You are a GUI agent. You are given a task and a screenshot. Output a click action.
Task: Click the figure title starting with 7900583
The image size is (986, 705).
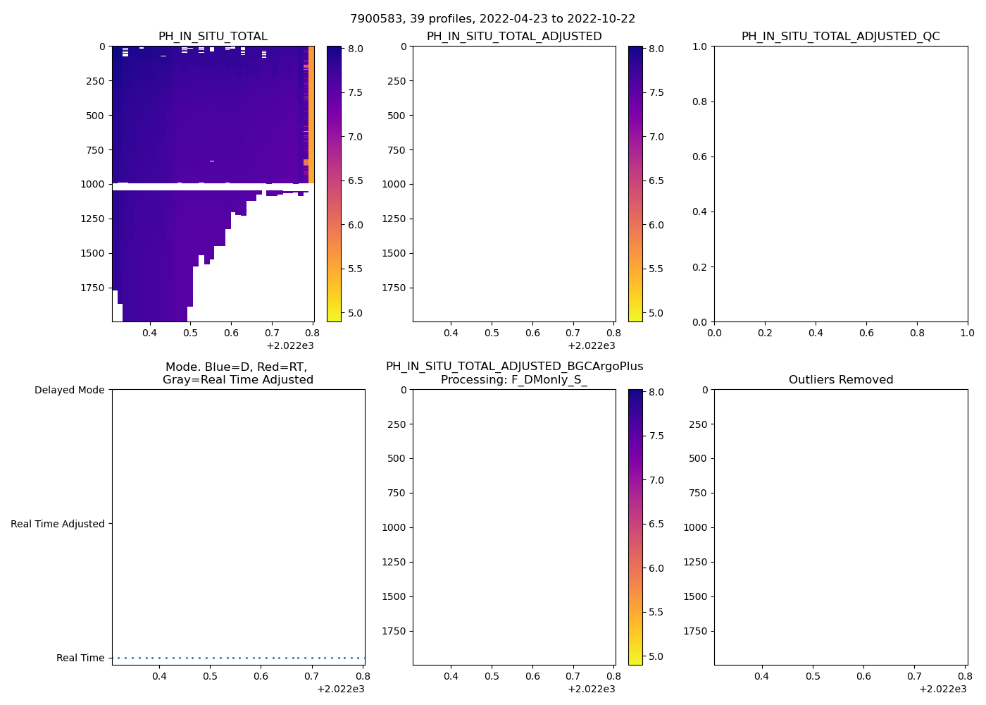coord(492,18)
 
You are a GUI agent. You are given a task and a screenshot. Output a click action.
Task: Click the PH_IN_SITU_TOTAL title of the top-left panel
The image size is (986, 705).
coord(213,37)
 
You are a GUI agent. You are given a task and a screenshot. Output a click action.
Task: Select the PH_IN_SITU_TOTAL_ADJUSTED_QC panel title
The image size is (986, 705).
coord(840,37)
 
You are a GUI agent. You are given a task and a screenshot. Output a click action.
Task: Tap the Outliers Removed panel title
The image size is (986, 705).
coord(840,380)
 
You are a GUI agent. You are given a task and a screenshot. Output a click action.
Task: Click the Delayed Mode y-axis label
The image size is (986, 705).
coord(69,390)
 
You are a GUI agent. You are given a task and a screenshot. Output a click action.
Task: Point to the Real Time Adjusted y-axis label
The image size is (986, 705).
coord(58,524)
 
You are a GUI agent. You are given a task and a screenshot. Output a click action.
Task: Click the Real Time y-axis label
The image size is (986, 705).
coord(80,658)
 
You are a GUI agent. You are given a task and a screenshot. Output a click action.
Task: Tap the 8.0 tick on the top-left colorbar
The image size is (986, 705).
coord(355,49)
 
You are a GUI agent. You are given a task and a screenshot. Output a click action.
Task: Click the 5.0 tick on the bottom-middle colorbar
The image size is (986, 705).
coord(656,656)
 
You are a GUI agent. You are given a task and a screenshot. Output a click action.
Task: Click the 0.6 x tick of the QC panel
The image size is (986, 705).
coord(866,333)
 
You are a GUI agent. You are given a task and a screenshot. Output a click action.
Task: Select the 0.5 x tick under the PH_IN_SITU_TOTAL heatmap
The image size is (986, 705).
coord(190,333)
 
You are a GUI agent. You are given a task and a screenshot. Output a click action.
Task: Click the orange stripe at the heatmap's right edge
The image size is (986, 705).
coord(311,113)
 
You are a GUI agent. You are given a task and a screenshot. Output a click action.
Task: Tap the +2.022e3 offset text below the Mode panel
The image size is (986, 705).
coord(340,689)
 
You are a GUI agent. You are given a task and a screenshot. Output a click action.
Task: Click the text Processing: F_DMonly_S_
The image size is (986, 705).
coord(514,380)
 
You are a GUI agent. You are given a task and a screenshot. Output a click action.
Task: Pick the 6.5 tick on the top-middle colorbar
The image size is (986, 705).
coord(656,180)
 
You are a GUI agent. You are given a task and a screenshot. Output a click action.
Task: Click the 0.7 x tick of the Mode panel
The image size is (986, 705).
coord(311,676)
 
